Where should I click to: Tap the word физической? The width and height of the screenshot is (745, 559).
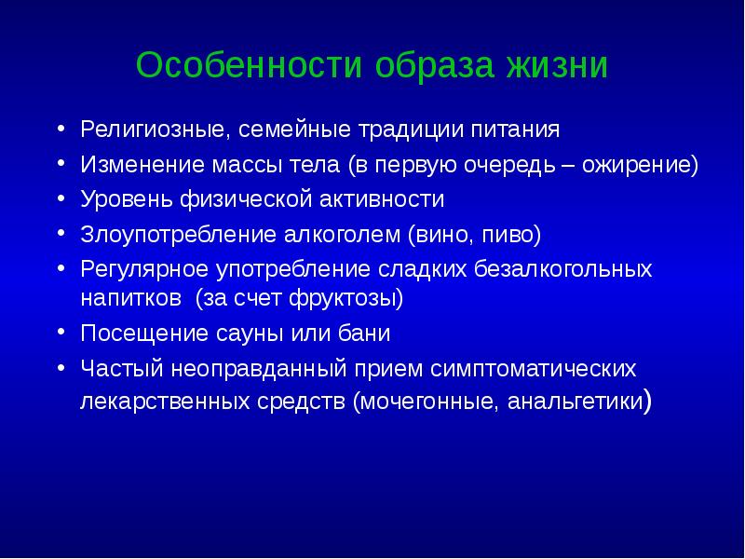pos(253,199)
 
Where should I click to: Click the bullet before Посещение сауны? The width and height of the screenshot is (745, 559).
pos(61,333)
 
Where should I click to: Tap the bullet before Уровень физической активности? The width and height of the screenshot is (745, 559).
pos(61,198)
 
